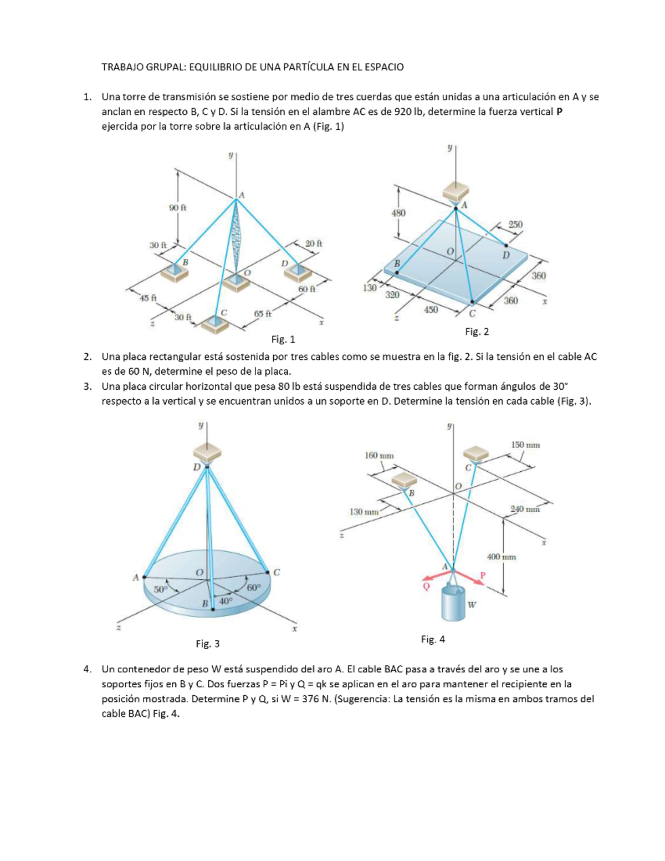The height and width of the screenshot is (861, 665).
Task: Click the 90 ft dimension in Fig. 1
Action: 177,207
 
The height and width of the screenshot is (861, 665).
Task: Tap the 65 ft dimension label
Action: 263,314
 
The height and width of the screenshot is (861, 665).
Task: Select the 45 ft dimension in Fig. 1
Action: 148,298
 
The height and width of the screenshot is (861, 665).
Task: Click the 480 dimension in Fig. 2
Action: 398,213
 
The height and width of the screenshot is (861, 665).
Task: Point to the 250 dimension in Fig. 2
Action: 515,225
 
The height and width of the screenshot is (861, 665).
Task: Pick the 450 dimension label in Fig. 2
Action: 431,310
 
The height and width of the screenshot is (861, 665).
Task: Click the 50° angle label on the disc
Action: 160,589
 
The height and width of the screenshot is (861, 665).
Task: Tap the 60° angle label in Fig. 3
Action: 253,588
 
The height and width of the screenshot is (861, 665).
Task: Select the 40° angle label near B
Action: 226,600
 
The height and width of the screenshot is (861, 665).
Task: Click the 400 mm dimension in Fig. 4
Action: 501,557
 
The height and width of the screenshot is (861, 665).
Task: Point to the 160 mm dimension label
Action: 379,456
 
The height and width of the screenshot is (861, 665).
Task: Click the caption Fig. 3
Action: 208,644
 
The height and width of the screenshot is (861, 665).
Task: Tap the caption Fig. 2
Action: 477,332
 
